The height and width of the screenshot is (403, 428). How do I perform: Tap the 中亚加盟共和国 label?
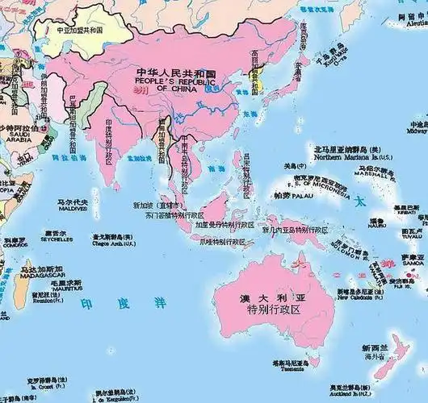(x=79, y=30)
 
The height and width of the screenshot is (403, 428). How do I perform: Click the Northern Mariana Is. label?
(x=350, y=158)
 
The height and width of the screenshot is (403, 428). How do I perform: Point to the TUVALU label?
(x=412, y=237)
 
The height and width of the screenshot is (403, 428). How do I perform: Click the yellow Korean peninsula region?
(x=264, y=79)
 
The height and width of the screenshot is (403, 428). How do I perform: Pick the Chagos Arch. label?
(x=113, y=242)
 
